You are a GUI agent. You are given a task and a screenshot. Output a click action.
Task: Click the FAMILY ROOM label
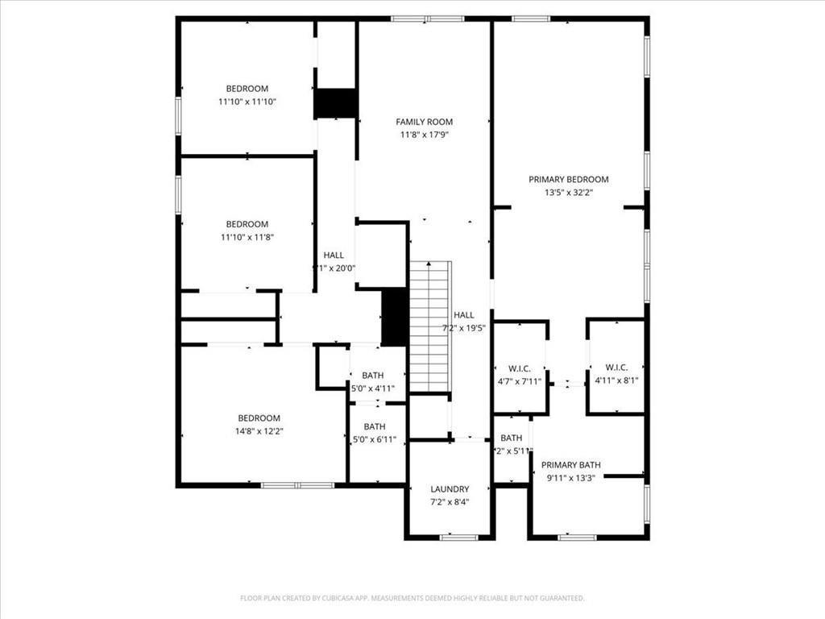[424, 122]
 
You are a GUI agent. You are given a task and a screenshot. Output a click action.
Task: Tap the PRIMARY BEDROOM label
[568, 179]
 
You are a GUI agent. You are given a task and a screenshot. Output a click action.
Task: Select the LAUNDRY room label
[450, 489]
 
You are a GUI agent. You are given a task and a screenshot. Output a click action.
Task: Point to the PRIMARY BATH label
[570, 465]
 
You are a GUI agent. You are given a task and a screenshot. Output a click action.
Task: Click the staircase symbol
[429, 326]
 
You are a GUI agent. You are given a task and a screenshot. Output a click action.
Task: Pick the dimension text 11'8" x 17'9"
[424, 135]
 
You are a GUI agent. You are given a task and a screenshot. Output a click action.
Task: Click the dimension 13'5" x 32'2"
[568, 193]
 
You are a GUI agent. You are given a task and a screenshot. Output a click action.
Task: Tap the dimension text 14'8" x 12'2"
[259, 431]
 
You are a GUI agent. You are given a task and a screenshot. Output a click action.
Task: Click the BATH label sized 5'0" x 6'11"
[374, 426]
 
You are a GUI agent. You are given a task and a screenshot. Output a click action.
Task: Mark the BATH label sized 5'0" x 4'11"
[372, 375]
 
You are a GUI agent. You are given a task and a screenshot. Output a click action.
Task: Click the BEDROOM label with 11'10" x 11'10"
[247, 89]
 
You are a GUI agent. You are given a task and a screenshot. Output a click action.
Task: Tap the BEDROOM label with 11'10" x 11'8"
[247, 224]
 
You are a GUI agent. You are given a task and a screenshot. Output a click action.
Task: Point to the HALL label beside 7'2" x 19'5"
[463, 315]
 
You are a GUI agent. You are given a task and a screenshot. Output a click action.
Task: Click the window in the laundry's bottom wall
[458, 537]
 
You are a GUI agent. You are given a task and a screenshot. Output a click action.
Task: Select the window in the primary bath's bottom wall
[577, 537]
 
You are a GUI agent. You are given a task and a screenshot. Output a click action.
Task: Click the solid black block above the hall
[335, 103]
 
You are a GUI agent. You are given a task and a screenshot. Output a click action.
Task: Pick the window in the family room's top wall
[427, 19]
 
